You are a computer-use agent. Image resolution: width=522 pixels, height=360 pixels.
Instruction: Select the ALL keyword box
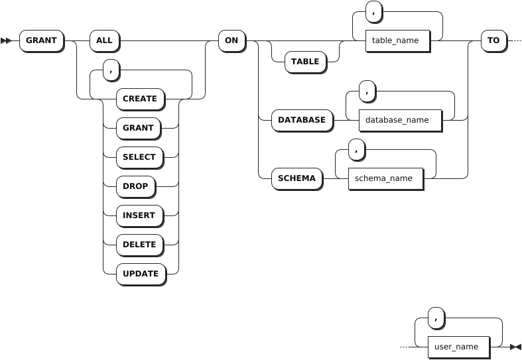(x=104, y=40)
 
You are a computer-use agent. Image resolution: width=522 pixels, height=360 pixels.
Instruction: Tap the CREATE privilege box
(x=140, y=99)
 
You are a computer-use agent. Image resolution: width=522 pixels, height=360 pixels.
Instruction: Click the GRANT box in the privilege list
(x=138, y=128)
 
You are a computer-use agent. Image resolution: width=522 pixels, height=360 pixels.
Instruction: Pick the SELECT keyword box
(x=139, y=157)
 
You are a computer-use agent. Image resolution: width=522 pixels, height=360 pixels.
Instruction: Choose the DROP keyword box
(x=135, y=186)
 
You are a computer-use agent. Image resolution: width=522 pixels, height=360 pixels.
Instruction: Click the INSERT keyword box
(x=139, y=215)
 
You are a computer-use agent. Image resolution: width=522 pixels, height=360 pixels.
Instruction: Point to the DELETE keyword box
(x=139, y=245)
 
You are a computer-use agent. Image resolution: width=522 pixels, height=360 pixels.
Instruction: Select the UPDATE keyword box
(x=141, y=274)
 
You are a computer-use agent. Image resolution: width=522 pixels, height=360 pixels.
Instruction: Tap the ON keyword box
(x=231, y=40)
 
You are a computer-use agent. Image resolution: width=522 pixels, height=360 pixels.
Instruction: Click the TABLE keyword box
(x=306, y=62)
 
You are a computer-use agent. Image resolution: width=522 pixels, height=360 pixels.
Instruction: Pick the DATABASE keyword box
(x=302, y=120)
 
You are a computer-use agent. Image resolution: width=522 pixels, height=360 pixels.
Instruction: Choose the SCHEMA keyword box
(x=296, y=178)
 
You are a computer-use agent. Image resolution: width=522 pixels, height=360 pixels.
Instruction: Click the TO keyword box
(x=493, y=40)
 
